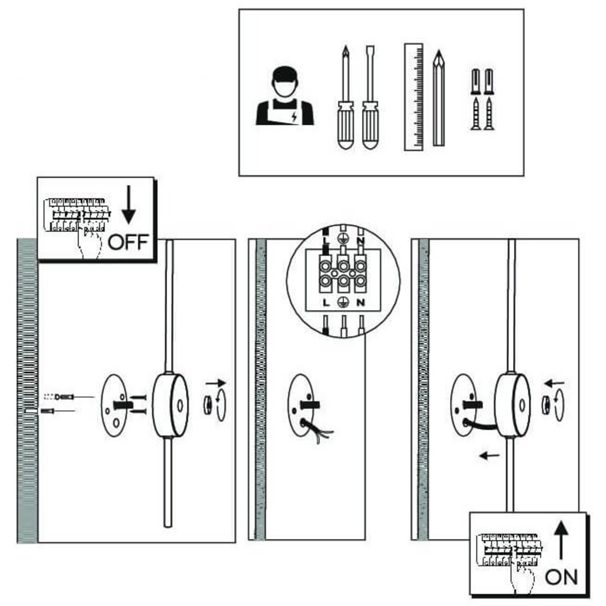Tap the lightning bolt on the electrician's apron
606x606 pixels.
point(294,118)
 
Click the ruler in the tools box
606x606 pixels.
point(414,97)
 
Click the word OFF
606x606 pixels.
point(128,242)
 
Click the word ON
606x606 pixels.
point(561,577)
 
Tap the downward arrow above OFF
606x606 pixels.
point(129,204)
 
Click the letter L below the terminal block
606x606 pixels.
point(326,302)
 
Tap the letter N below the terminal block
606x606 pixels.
point(360,302)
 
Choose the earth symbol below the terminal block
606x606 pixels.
point(343,302)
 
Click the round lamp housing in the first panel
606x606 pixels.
point(171,404)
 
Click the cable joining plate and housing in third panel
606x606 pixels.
point(482,422)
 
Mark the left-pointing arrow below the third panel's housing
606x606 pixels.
point(489,456)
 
